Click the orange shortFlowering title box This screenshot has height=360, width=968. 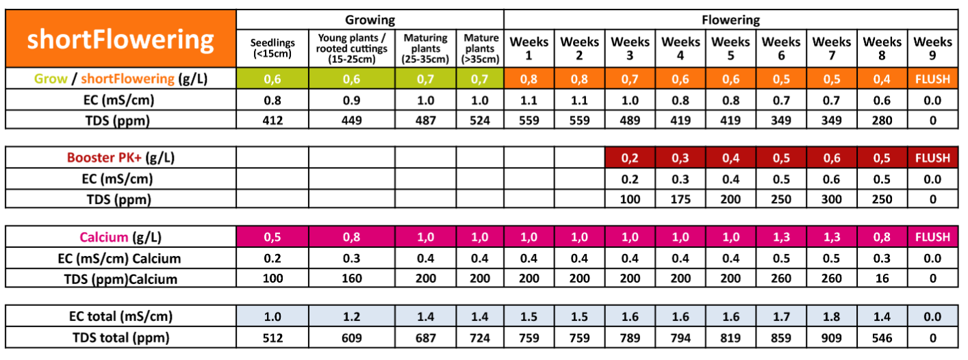pyautogui.click(x=120, y=40)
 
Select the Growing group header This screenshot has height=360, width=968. pyautogui.click(x=370, y=20)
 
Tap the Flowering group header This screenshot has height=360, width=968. pyautogui.click(x=730, y=20)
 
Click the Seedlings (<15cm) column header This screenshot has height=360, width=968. pyautogui.click(x=272, y=49)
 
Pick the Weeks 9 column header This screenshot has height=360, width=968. pyautogui.click(x=932, y=49)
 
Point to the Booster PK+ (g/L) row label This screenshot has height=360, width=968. pyautogui.click(x=120, y=158)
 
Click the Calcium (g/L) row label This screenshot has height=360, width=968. pyautogui.click(x=120, y=237)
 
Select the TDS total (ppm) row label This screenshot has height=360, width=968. pyautogui.click(x=120, y=337)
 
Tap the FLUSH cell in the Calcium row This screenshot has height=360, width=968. pyautogui.click(x=932, y=237)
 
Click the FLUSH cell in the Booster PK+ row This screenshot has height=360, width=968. pyautogui.click(x=932, y=158)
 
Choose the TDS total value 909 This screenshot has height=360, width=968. pyautogui.click(x=832, y=337)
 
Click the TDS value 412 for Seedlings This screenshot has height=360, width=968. pyautogui.click(x=272, y=120)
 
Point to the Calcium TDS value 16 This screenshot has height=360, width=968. pyautogui.click(x=882, y=279)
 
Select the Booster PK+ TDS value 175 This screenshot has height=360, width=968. pyautogui.click(x=680, y=200)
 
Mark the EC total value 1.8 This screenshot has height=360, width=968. pyautogui.click(x=832, y=316)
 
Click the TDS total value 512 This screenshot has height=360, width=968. pyautogui.click(x=272, y=337)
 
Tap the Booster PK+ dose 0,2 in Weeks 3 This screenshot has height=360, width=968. pyautogui.click(x=630, y=158)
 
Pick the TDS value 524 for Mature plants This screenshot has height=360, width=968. pyautogui.click(x=480, y=120)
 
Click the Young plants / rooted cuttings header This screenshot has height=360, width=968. pyautogui.click(x=351, y=49)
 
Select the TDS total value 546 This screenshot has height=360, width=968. pyautogui.click(x=882, y=337)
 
